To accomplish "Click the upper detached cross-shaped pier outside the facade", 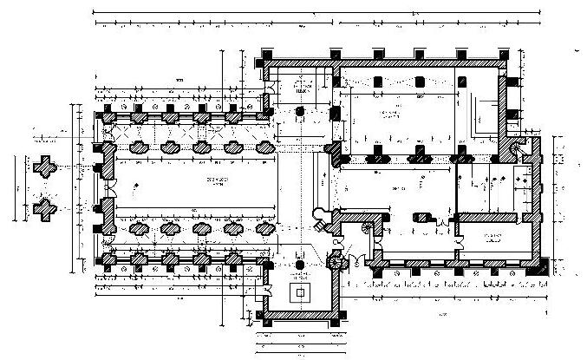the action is coord(44,165).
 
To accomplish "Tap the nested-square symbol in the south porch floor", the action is coord(301,292).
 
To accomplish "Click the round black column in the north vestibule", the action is coord(301,112).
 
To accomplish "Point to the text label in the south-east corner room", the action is coord(495,237).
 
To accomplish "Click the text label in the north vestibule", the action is coord(301,90).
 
